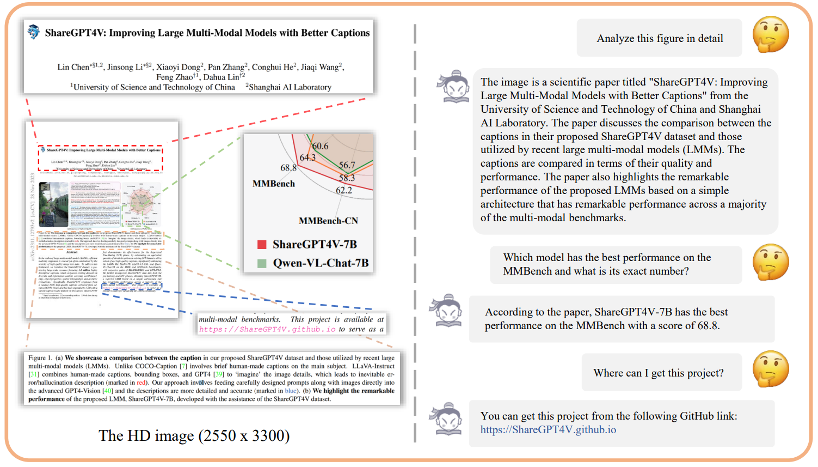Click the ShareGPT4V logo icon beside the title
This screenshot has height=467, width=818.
34,32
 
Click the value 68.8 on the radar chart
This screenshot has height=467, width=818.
288,168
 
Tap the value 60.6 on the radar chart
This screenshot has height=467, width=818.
321,146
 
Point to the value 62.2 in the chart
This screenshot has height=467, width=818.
343,190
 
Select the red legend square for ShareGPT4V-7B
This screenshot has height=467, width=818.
262,245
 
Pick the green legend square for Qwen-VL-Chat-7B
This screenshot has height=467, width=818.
262,263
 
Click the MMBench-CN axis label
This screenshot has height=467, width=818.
328,221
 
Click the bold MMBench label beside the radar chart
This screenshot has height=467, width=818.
273,184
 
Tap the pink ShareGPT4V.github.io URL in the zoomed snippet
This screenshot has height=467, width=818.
267,329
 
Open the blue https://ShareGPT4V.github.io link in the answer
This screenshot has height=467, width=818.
548,429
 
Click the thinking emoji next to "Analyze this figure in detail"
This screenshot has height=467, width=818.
771,34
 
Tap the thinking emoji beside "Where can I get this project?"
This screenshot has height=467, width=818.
771,369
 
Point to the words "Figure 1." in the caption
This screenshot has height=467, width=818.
40,358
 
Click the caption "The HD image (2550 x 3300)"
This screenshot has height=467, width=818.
194,435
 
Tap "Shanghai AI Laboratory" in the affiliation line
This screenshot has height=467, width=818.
290,87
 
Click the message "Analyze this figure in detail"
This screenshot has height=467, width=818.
660,38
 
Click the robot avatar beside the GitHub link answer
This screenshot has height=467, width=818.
448,419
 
